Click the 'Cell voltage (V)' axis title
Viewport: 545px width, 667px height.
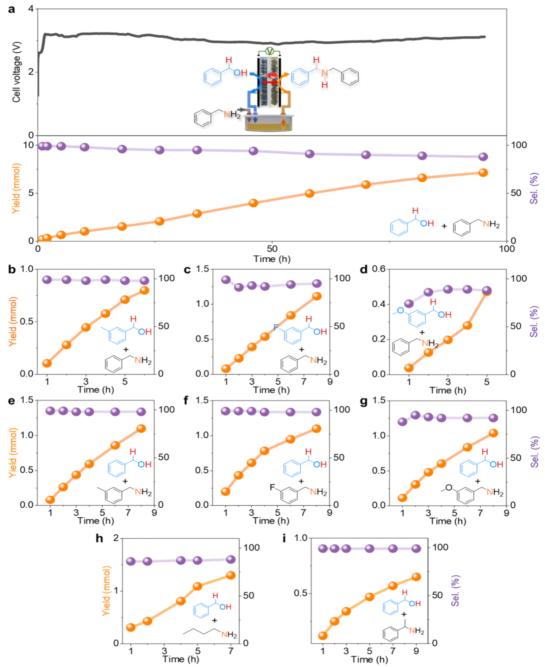click(16, 72)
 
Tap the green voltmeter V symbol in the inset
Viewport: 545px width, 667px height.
click(269, 51)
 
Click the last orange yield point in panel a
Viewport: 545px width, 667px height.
click(483, 172)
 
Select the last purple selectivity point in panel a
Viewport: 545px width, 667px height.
click(483, 157)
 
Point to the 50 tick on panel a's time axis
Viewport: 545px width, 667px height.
click(272, 248)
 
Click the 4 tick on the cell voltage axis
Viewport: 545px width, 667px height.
click(31, 9)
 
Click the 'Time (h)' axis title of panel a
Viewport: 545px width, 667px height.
click(272, 259)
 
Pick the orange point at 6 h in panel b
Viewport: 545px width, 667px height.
click(145, 290)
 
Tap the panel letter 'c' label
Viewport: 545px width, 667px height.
click(187, 270)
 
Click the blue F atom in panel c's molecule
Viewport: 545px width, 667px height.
click(276, 327)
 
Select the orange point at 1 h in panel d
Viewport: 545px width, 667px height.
click(409, 368)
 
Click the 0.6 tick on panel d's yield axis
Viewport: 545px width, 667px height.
click(378, 269)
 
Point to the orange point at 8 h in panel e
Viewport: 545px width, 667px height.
click(141, 428)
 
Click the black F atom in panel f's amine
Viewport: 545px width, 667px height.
click(272, 487)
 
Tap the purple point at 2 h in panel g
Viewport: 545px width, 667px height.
click(415, 415)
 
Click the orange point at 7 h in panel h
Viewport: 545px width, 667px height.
click(231, 575)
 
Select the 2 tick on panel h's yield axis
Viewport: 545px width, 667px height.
click(116, 538)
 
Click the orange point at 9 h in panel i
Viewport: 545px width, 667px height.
click(416, 577)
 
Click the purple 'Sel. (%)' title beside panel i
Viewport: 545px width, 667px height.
click(455, 591)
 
